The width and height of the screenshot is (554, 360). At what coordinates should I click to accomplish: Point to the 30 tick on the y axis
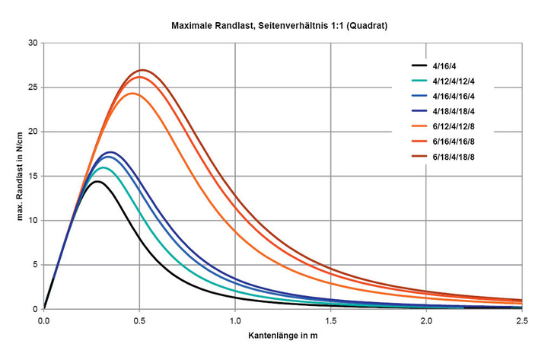tap(33, 43)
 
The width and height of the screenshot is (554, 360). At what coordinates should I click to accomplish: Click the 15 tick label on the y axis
tap(33, 176)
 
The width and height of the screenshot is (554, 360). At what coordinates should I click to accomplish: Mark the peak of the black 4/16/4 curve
tap(97, 181)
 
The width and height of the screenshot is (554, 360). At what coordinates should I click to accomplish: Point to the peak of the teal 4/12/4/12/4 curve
tap(103, 167)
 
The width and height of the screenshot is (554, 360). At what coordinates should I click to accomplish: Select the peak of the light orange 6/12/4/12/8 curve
tap(132, 93)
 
